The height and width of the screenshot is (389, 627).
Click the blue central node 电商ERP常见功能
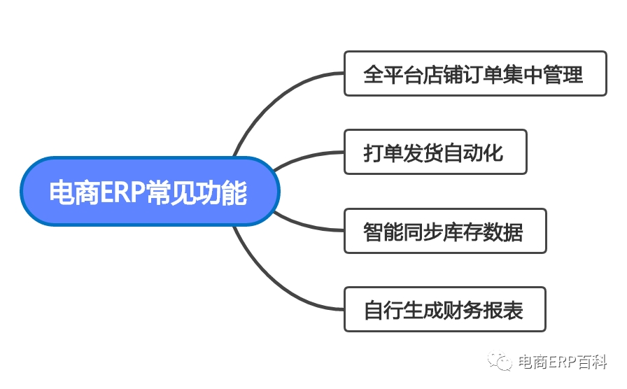click(150, 191)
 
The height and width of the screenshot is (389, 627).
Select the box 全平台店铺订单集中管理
click(475, 73)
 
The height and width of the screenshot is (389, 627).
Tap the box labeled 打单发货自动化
click(435, 152)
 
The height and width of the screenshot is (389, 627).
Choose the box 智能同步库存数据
click(445, 231)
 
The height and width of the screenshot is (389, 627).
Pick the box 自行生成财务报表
click(444, 309)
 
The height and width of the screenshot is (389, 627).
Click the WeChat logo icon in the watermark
click(500, 360)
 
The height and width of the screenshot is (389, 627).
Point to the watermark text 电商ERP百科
click(563, 362)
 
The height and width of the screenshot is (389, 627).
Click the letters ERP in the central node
click(122, 192)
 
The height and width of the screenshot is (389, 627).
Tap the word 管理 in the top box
click(563, 74)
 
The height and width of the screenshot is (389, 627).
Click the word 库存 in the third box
click(463, 232)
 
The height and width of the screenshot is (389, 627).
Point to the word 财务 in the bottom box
click(463, 310)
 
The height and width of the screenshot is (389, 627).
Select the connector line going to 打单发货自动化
click(306, 157)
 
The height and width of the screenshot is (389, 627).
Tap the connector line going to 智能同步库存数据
click(306, 225)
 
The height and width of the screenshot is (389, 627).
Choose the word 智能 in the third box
click(383, 232)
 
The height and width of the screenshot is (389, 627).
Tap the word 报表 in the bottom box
click(503, 310)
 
